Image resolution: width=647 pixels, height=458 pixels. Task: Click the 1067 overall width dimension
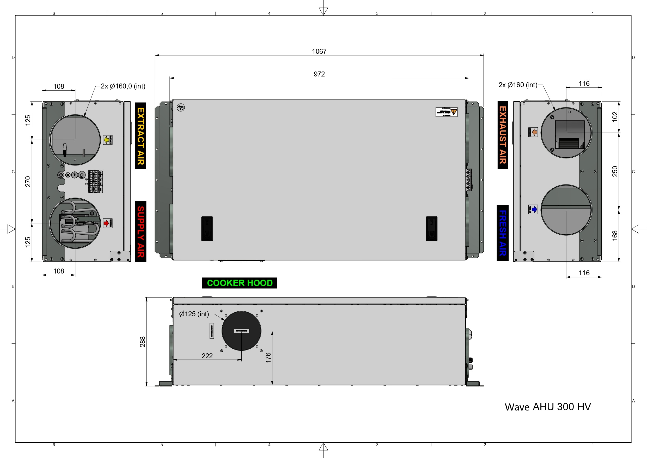319,51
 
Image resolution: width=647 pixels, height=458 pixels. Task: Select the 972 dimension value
319,74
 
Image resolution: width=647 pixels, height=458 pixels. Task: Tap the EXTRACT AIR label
141,136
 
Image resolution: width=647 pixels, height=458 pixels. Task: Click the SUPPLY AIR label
141,232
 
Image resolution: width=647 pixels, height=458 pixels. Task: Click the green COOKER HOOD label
240,283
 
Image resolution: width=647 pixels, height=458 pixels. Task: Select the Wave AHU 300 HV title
547,407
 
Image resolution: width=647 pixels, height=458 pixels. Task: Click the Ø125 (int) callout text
194,314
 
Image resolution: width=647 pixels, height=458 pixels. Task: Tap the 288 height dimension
143,341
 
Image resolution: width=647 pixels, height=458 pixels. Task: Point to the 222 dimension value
207,356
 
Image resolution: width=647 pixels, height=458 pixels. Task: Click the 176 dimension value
268,358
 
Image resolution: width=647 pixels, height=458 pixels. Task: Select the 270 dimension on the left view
28,181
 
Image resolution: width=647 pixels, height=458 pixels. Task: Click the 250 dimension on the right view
615,171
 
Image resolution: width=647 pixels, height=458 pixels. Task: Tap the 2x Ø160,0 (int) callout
123,86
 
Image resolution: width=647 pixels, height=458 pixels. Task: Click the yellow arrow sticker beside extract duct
107,140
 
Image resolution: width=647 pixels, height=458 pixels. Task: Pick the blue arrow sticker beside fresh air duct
533,209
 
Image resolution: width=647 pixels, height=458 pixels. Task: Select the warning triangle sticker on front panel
454,111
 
